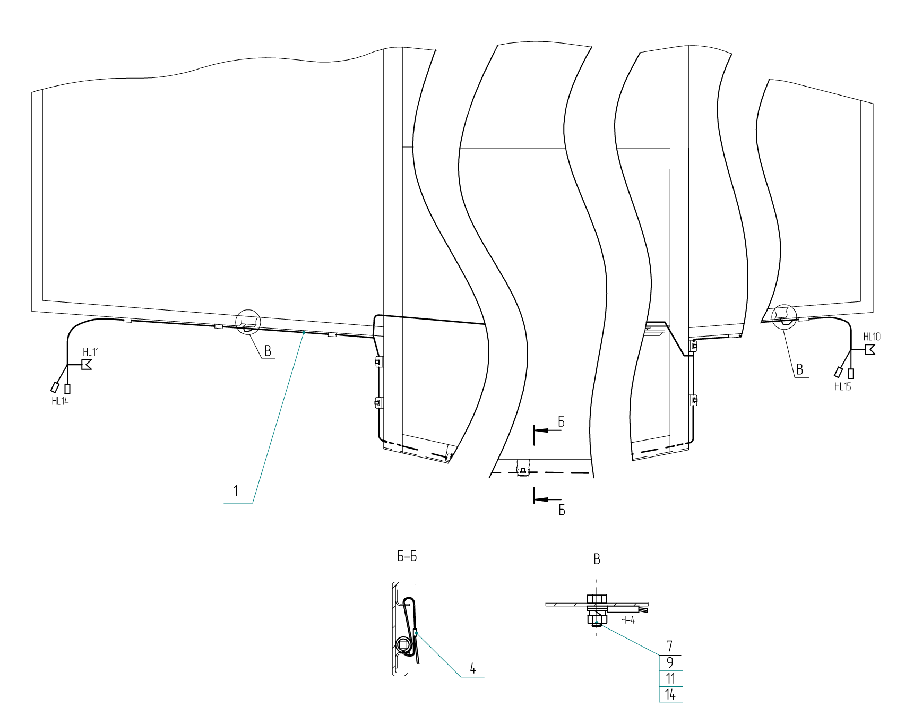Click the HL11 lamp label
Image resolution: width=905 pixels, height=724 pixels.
91,352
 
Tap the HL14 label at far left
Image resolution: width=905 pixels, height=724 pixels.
60,401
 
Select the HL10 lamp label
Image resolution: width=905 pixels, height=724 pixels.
872,337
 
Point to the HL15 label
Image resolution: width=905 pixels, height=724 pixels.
842,386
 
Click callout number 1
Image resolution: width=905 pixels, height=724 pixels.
236,490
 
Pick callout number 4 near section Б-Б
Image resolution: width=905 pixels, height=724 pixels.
473,668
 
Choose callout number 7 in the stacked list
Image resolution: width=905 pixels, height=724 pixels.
670,646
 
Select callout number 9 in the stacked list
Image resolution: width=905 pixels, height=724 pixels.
670,662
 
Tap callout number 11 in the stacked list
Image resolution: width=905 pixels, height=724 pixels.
670,678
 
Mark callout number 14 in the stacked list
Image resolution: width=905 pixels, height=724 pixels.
670,694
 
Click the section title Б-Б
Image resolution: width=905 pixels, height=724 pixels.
407,557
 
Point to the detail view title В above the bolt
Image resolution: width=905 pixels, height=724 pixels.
597,559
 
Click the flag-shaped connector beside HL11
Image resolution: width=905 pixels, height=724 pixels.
86,365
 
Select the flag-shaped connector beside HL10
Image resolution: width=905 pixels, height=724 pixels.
869,350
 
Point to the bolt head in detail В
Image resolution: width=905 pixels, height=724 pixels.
597,599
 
